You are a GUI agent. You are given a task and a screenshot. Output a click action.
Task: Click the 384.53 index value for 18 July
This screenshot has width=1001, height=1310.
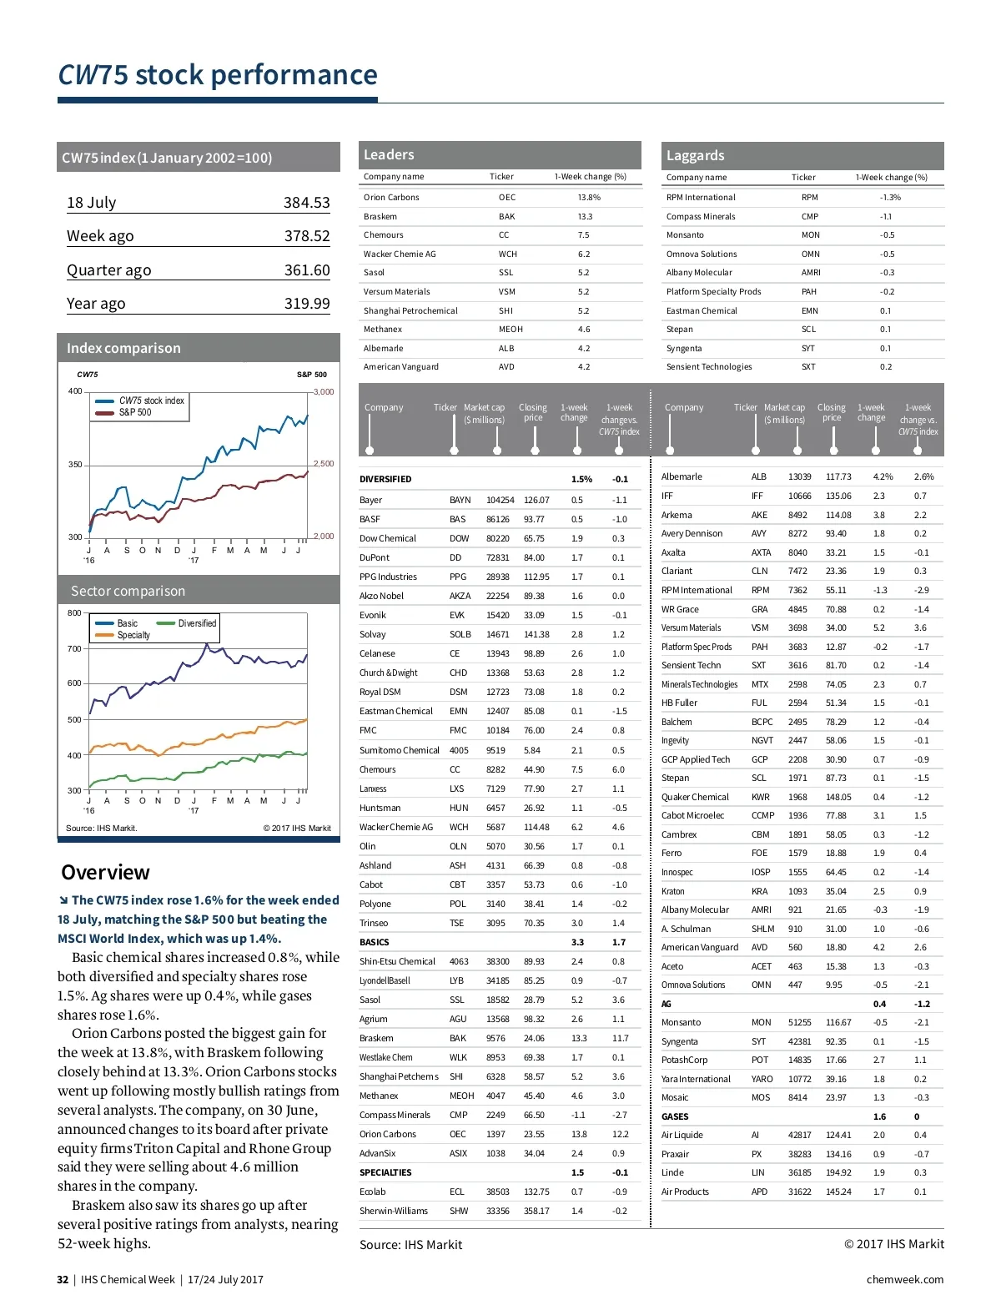[306, 203]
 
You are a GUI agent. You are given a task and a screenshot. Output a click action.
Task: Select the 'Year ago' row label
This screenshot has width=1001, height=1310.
[96, 304]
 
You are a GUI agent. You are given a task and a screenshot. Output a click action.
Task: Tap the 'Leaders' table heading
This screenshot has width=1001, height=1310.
[389, 154]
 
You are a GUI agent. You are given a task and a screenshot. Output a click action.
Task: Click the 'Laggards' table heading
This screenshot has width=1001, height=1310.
[695, 155]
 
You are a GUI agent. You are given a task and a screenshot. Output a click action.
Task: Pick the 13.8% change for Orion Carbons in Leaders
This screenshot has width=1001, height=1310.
[589, 198]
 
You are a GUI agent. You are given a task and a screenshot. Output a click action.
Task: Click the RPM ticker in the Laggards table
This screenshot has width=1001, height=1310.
[809, 198]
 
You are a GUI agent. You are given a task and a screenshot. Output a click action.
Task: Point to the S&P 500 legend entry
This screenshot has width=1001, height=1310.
[135, 412]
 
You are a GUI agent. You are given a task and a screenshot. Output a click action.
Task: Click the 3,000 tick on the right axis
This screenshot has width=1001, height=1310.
[324, 391]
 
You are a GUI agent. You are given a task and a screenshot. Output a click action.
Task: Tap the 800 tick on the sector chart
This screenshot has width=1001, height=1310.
[74, 613]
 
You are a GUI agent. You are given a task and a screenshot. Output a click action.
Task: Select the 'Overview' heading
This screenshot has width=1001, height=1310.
[105, 873]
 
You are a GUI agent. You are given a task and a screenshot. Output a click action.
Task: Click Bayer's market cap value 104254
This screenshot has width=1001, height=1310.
[500, 501]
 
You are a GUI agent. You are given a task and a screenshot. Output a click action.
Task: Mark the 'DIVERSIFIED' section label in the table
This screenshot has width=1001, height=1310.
[385, 480]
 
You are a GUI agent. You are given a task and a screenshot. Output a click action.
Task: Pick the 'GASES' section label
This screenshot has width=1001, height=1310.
[675, 1116]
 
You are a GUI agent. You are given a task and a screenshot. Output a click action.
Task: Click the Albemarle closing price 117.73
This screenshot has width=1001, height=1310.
[838, 477]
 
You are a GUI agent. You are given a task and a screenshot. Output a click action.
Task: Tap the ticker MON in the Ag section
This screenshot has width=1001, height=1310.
[761, 1022]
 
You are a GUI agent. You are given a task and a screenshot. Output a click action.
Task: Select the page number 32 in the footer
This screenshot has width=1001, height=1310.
[63, 1280]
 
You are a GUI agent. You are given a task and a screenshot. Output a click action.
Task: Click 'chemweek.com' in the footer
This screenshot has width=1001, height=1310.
[904, 1280]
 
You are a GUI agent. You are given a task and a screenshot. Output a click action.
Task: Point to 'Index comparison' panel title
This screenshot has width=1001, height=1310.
[123, 349]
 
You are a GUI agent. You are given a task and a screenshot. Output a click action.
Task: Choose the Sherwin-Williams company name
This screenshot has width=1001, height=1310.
[393, 1212]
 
